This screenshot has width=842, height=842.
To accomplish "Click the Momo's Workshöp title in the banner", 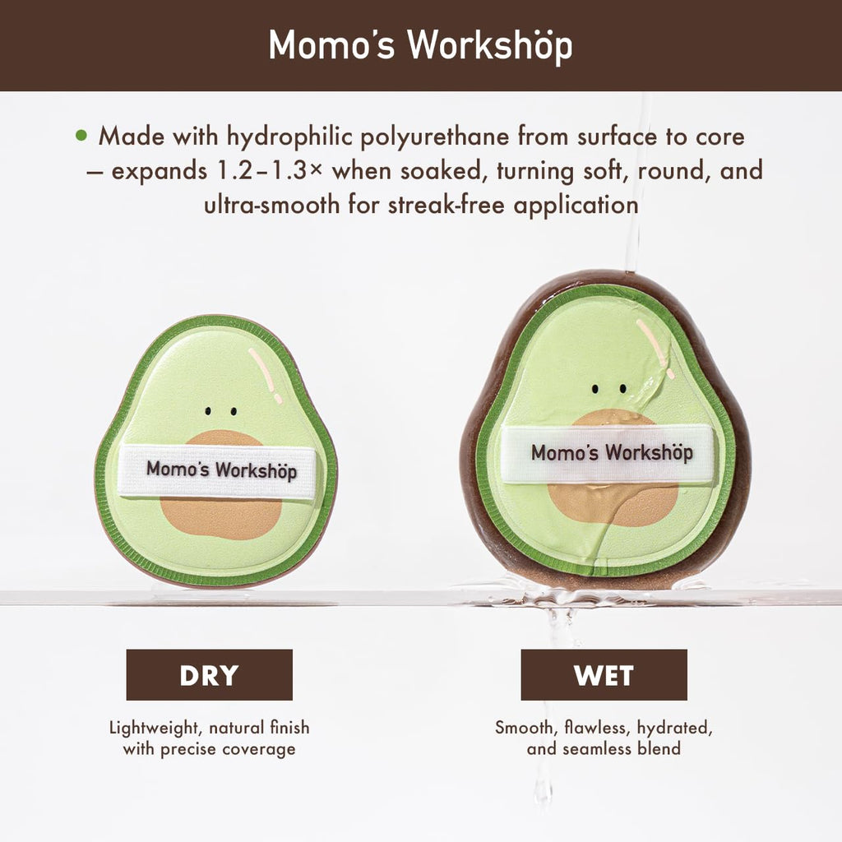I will point(420,46).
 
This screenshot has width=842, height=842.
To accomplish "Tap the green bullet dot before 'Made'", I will point(81,135).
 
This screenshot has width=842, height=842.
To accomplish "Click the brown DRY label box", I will point(209,675).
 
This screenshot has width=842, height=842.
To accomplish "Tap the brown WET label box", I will point(604,675).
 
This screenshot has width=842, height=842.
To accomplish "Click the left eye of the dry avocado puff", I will point(209,409).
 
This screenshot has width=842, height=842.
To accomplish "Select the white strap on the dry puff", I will point(216,472).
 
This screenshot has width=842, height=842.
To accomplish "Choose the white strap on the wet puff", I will point(609,453).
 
